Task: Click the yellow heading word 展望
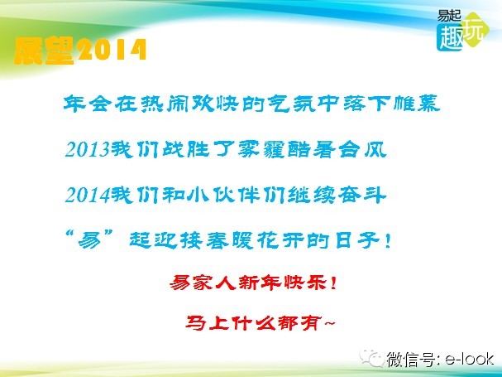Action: pyautogui.click(x=44, y=51)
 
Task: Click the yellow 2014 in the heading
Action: pyautogui.click(x=111, y=50)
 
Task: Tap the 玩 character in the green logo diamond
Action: pyautogui.click(x=474, y=30)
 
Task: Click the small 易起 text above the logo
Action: pyautogui.click(x=449, y=16)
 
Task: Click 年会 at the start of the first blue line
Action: pyautogui.click(x=87, y=104)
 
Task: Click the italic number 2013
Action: pyautogui.click(x=88, y=149)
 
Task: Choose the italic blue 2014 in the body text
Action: pyautogui.click(x=88, y=195)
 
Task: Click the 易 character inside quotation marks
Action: pyautogui.click(x=89, y=240)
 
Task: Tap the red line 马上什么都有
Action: pyautogui.click(x=253, y=323)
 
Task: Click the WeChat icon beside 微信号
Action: pyautogui.click(x=371, y=358)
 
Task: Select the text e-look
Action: pyautogui.click(x=470, y=359)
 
